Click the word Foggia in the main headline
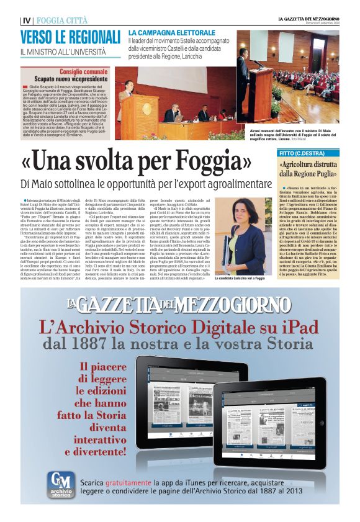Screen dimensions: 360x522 pyautogui.click(x=209, y=161)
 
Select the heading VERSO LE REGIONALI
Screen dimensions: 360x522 pyautogui.click(x=70, y=36)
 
